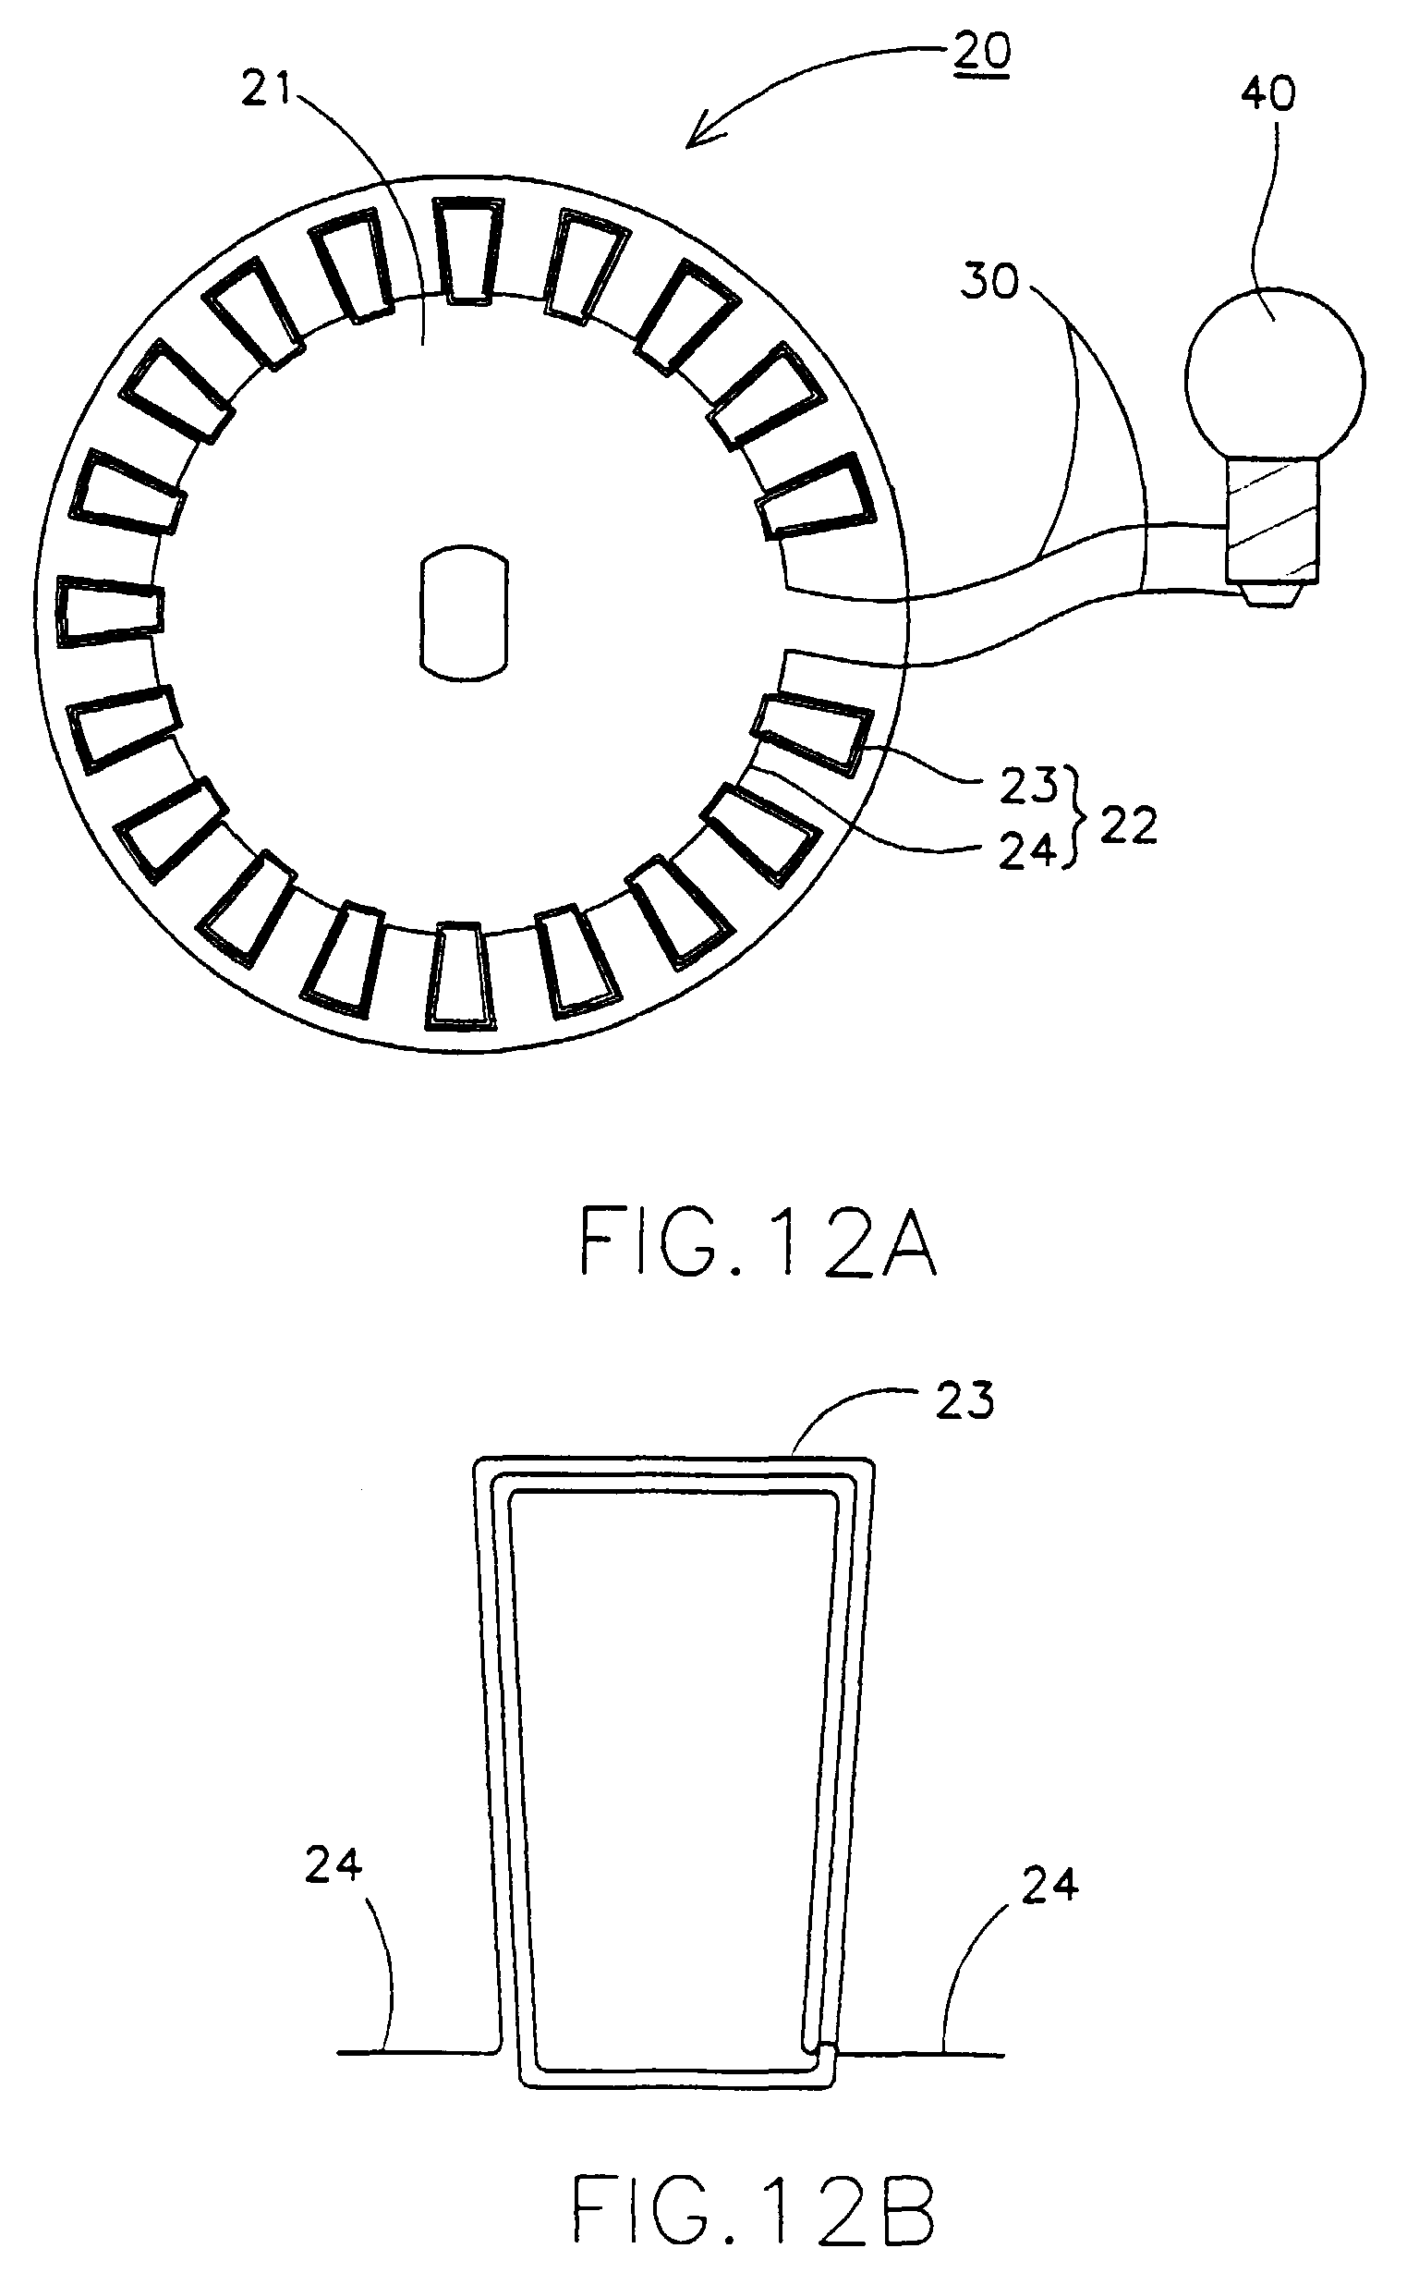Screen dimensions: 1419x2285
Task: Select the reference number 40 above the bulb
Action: (x=1267, y=95)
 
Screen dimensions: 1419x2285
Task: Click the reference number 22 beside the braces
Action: (x=1128, y=826)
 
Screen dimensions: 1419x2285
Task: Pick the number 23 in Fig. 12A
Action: (x=1027, y=786)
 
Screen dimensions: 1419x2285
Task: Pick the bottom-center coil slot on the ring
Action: (x=460, y=975)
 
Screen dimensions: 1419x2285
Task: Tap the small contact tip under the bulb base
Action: (x=1274, y=593)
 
